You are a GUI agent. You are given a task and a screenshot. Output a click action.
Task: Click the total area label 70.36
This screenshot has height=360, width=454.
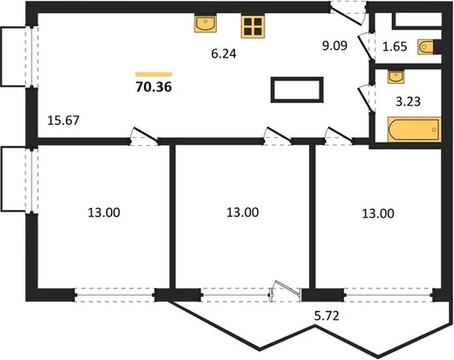(154, 87)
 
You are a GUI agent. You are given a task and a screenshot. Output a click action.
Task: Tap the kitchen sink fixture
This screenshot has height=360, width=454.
(205, 23)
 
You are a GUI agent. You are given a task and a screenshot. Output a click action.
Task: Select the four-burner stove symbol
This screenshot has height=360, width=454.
(252, 26)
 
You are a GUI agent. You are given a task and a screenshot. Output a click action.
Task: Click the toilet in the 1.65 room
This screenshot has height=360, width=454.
(430, 46)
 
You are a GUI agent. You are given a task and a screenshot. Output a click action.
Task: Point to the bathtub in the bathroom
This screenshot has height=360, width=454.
(415, 129)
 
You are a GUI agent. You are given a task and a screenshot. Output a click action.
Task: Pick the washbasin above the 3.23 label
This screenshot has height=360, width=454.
(396, 77)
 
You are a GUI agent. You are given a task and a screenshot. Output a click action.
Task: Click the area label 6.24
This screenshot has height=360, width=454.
(224, 53)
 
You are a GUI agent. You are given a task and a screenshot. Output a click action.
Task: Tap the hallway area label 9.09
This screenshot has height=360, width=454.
(334, 45)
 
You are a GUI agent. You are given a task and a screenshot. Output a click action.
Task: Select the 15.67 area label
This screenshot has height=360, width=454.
(63, 121)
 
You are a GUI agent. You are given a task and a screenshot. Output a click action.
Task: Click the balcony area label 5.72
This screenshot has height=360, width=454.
(327, 315)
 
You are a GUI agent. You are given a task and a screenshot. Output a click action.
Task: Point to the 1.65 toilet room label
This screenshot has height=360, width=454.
(395, 46)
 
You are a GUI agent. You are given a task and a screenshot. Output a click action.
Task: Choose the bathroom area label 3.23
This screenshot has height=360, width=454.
(408, 101)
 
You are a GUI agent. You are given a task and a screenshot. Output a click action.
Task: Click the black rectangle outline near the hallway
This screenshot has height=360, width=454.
(297, 90)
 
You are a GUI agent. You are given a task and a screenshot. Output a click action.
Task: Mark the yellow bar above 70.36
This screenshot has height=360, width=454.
(154, 74)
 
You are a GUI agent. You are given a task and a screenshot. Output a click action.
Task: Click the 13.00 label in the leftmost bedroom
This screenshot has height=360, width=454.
(104, 212)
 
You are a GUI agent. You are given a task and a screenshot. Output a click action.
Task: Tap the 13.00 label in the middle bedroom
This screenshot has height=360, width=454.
(243, 212)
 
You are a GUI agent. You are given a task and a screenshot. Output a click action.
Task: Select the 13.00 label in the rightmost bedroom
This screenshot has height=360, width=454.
(378, 213)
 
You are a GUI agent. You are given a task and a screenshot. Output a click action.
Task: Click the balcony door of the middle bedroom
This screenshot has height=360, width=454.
(285, 291)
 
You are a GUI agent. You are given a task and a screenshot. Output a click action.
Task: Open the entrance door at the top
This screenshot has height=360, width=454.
(348, 14)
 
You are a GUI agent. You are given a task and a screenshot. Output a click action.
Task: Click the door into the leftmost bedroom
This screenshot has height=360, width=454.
(144, 136)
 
